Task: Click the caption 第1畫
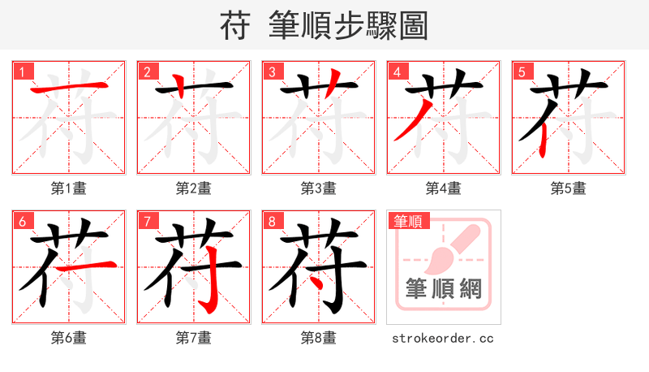pyautogui.click(x=68, y=188)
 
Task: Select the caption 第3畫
pyautogui.click(x=318, y=188)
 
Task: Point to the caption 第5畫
pyautogui.click(x=568, y=188)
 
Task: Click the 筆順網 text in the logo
pyautogui.click(x=443, y=288)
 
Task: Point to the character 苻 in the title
pyautogui.click(x=236, y=26)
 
